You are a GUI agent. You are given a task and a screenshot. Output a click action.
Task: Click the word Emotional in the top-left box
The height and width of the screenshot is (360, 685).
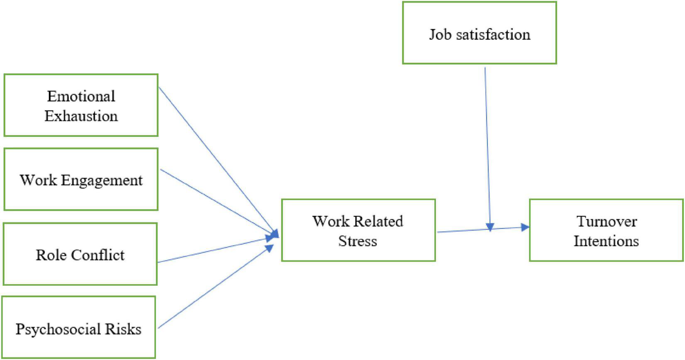[81, 96]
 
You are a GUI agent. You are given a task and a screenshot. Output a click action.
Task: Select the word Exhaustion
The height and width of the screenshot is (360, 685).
[81, 116]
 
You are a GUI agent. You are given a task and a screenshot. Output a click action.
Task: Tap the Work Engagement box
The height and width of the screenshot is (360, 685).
[81, 179]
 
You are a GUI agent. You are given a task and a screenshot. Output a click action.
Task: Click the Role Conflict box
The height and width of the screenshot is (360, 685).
[80, 254]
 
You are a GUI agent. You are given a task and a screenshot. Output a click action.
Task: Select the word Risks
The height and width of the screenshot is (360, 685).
[123, 329]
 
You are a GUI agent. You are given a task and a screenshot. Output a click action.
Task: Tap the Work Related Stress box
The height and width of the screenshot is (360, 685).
[358, 230]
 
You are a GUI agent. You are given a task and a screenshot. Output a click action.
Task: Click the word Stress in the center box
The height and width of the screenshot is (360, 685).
[357, 241]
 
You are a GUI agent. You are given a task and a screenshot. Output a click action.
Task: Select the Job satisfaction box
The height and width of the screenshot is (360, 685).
[479, 33]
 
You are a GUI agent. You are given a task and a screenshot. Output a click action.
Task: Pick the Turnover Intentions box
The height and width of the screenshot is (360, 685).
[606, 230]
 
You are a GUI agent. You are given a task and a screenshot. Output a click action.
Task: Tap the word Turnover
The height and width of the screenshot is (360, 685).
[607, 221]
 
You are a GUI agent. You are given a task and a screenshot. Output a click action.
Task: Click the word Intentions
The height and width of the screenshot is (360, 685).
[606, 241]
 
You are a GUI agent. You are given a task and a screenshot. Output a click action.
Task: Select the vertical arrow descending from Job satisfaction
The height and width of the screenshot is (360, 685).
[487, 145]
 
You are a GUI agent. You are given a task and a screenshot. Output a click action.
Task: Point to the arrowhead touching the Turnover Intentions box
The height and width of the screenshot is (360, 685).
[525, 227]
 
